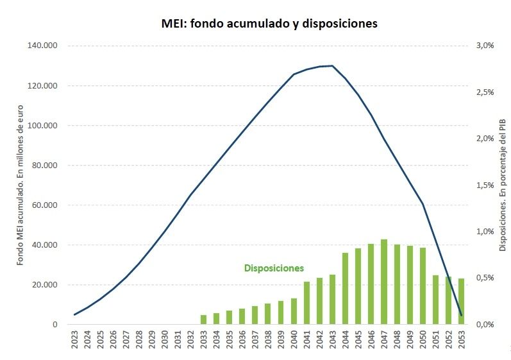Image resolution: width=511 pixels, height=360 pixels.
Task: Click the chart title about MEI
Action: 269,24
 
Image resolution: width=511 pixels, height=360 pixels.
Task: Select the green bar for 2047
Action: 384,282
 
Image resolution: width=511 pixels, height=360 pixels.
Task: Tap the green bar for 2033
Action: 203,320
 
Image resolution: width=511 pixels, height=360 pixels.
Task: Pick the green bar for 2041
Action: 307,303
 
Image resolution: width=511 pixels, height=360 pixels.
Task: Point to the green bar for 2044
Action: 346,289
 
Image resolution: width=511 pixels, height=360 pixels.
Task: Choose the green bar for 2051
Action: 436,300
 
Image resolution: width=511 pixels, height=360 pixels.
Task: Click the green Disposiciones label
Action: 274,268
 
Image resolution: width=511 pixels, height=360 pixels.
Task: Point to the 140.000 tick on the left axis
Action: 43,46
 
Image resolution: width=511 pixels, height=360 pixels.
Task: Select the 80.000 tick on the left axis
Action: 45,166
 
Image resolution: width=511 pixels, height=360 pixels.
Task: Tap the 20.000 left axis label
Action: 45,285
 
